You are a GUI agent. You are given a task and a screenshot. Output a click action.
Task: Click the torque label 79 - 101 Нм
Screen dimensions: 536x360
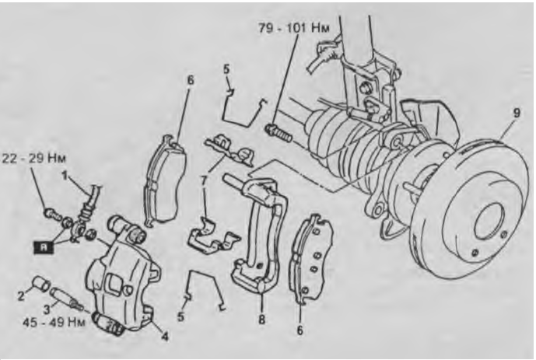coord(293,28)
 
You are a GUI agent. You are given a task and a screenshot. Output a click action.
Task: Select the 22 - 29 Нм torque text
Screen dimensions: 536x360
coord(34,159)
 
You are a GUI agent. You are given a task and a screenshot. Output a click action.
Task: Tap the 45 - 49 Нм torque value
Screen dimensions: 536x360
coord(53,322)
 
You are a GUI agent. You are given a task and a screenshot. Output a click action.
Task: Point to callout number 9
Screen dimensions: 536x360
coord(517,113)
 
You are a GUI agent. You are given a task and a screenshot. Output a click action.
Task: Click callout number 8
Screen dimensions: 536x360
coord(261,320)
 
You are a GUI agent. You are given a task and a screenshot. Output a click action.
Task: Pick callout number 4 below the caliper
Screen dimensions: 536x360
coord(165,337)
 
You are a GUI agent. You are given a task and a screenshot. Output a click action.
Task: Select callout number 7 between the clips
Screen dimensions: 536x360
coord(204,181)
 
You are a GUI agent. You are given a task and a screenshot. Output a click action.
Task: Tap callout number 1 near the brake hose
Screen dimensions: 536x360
coord(65,176)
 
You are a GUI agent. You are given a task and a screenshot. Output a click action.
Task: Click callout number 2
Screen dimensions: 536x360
coord(21,295)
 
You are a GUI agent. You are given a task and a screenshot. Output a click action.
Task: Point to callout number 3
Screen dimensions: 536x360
coord(47,309)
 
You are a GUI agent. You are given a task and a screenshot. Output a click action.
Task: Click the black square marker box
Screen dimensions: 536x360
coord(44,247)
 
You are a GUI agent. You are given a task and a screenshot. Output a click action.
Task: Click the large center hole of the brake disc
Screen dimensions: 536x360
coord(489,222)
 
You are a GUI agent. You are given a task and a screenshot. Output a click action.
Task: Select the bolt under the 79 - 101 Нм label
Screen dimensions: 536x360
coord(279,133)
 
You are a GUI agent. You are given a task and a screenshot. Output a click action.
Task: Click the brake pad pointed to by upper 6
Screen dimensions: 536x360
coord(165,180)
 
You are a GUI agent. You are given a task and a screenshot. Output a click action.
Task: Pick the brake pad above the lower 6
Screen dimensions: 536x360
coord(311,258)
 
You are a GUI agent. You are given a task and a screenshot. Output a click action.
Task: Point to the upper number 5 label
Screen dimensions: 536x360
coord(226,68)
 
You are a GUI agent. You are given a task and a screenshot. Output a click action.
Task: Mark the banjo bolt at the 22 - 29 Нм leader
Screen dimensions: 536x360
coord(51,214)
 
